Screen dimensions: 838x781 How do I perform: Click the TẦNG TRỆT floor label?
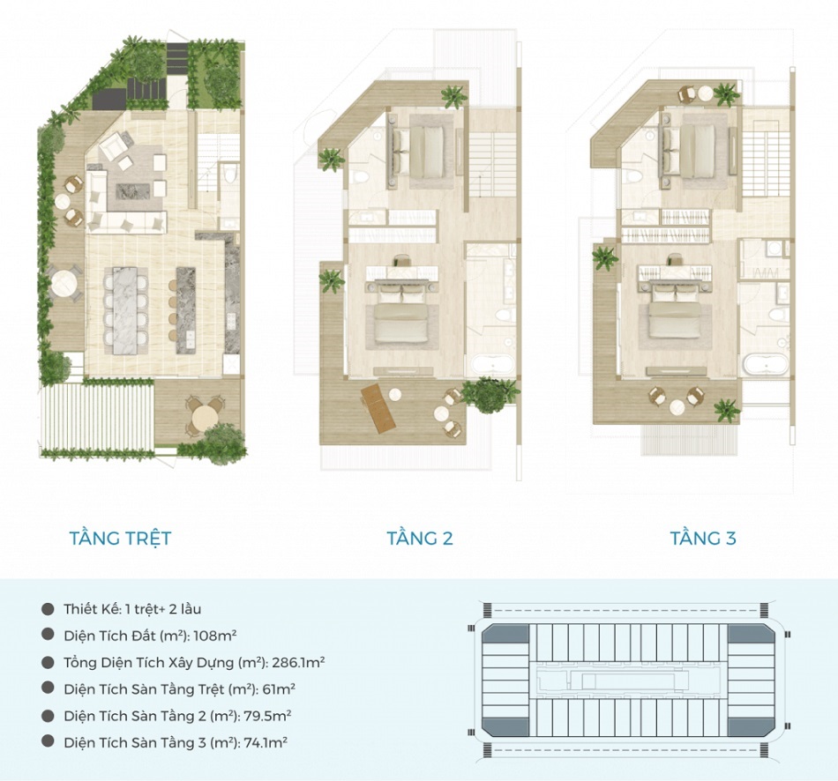(120, 538)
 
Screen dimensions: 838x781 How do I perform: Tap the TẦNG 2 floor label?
(420, 538)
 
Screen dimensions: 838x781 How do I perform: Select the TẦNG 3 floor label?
(703, 538)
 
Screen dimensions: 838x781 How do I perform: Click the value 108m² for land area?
(215, 636)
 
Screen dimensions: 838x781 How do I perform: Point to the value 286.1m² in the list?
(298, 662)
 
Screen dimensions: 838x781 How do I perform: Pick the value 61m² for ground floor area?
(279, 689)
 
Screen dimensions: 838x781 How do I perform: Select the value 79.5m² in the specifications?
(267, 716)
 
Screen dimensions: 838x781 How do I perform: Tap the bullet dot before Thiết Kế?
(49, 608)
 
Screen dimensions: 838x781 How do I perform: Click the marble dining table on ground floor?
(125, 310)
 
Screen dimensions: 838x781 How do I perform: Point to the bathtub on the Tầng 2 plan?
(492, 366)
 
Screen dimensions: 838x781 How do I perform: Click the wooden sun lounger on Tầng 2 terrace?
(378, 408)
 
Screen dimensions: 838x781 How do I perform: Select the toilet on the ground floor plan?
(230, 173)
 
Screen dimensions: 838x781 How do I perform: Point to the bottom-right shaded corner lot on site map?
(752, 726)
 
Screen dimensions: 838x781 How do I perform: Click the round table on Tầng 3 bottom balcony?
(677, 407)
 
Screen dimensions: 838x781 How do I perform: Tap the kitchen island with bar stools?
(185, 310)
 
